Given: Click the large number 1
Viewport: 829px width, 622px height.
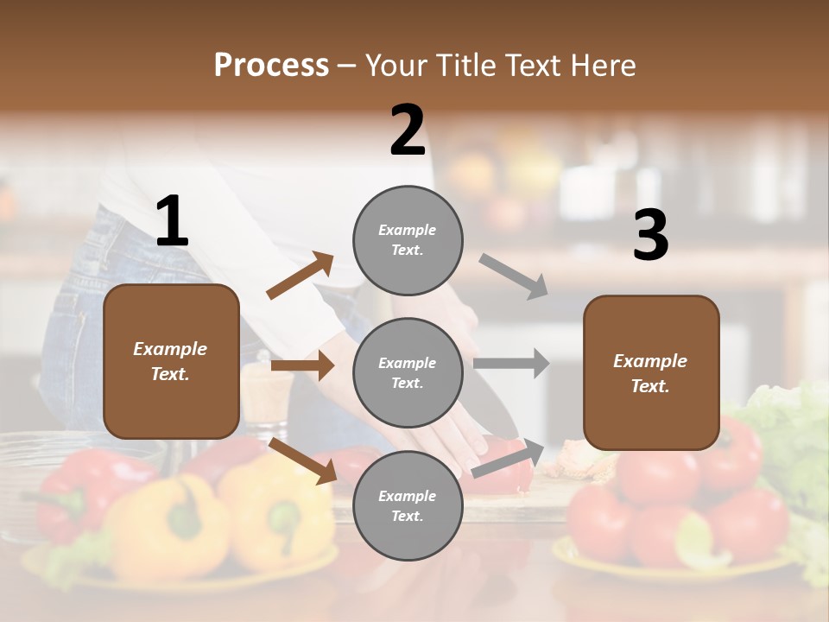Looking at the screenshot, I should coord(172,221).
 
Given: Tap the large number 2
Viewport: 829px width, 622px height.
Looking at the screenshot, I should coord(408,130).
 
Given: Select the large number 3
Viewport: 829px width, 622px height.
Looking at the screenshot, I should coord(650,236).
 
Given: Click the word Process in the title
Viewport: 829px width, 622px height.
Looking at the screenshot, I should coord(271,65).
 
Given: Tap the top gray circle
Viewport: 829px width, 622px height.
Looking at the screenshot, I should coord(408,240).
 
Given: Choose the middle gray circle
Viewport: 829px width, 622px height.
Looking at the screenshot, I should coord(408,372).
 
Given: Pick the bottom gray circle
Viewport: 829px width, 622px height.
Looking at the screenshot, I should coord(408,505).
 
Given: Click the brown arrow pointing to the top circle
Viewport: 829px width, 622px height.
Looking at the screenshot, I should coord(301,276).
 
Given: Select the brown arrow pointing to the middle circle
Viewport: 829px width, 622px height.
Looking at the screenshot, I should coord(302,365).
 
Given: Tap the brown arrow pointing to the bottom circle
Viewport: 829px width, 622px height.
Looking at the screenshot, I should coord(303,460).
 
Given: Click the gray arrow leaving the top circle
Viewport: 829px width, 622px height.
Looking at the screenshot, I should coord(515,276).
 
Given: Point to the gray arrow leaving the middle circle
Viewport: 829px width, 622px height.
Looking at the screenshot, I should coord(511,363).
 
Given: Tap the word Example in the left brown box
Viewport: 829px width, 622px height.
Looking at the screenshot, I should coord(170,349).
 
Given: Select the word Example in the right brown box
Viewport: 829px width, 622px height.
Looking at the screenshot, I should coord(650,361).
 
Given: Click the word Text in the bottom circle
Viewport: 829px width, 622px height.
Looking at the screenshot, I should coord(406,517).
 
